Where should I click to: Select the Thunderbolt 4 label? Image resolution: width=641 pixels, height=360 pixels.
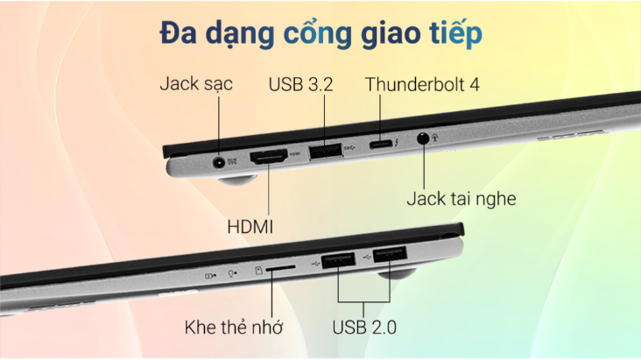click(422, 85)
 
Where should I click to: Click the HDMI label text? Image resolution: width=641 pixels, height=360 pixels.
click(251, 226)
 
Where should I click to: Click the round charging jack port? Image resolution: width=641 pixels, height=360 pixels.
click(219, 160)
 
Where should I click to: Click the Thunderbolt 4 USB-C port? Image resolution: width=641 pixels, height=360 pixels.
click(382, 145)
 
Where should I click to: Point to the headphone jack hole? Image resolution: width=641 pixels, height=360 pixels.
click(425, 138)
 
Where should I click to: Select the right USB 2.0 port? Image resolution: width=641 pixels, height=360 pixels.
click(390, 255)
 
